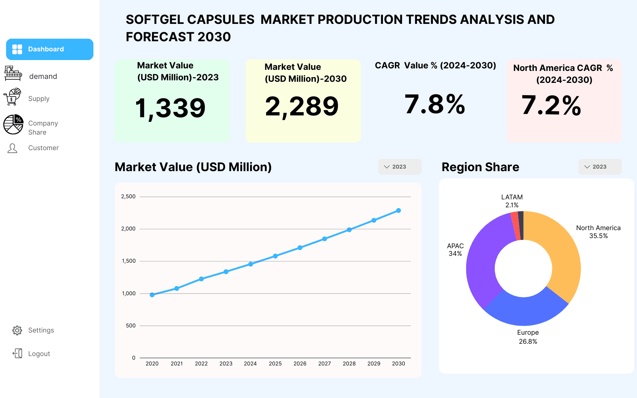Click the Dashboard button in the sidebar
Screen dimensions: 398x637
click(50, 49)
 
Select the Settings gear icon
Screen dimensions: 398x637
click(17, 330)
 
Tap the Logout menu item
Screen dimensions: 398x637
click(39, 354)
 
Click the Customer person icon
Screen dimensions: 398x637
click(12, 148)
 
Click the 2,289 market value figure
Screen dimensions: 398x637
click(302, 106)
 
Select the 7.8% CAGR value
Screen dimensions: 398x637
click(435, 104)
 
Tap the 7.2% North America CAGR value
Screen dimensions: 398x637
click(551, 105)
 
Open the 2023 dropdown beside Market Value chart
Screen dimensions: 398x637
click(400, 167)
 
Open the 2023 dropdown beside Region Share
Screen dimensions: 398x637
click(600, 167)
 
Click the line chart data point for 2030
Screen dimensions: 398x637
click(398, 211)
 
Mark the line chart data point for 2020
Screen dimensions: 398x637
click(152, 295)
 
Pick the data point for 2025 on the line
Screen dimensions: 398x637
click(275, 256)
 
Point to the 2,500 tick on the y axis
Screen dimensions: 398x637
click(128, 196)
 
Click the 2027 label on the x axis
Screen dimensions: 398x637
click(325, 364)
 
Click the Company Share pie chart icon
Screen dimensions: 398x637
click(13, 124)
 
